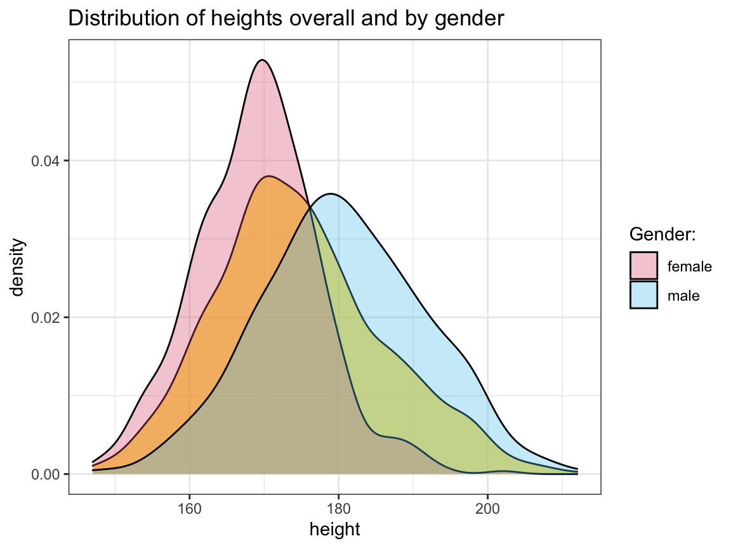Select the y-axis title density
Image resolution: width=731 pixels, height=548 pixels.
[18, 267]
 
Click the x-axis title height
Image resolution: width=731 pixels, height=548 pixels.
[335, 528]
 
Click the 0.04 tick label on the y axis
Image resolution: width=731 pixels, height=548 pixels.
[46, 161]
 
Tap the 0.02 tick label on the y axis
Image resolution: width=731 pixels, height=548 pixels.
[46, 317]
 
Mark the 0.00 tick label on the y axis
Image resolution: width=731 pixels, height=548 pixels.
[46, 474]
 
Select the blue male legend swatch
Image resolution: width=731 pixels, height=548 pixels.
[643, 295]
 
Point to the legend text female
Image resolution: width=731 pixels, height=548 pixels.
[689, 266]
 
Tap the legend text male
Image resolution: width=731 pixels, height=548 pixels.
[683, 296]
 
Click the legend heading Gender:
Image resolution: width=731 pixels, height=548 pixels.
[662, 235]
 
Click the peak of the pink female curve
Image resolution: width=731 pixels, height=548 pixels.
[261, 60]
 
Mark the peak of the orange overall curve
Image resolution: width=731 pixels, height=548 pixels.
[270, 176]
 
